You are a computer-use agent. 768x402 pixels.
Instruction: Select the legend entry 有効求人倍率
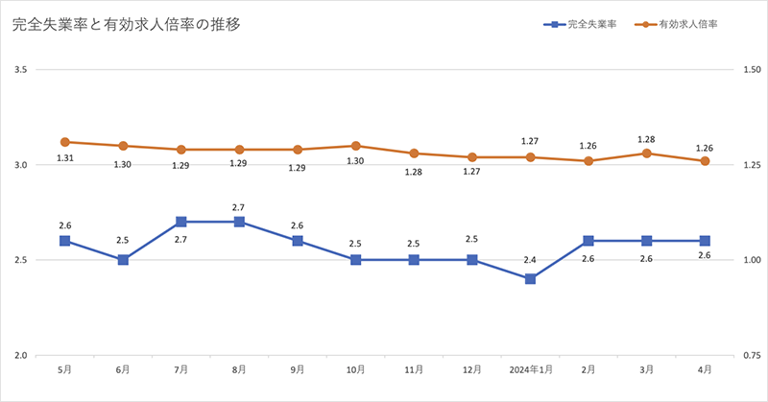[x=683, y=25]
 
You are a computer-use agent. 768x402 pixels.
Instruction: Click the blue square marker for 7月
[x=181, y=222]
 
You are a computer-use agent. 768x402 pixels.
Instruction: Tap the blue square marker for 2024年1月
[x=530, y=278]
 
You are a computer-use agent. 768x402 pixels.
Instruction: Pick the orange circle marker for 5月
[x=65, y=142]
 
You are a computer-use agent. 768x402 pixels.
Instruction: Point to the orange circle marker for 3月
[x=647, y=154]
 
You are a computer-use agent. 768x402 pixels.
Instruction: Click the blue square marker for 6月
[x=123, y=260]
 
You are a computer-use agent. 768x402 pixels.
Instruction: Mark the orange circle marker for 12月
[x=472, y=157]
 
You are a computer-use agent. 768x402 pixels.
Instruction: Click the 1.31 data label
[x=65, y=158]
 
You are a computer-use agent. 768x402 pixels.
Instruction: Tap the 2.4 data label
[x=530, y=259]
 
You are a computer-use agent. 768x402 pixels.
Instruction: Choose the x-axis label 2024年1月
[x=530, y=368]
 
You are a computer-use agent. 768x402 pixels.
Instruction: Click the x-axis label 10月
[x=356, y=368]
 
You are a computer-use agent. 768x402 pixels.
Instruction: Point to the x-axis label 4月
[x=705, y=368]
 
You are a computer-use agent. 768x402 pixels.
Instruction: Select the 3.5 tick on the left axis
[x=21, y=70]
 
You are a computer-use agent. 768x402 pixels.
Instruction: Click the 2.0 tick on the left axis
[x=21, y=356]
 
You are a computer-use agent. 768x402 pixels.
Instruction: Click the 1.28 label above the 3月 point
[x=647, y=138]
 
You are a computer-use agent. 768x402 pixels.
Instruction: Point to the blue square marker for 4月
[x=705, y=241]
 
